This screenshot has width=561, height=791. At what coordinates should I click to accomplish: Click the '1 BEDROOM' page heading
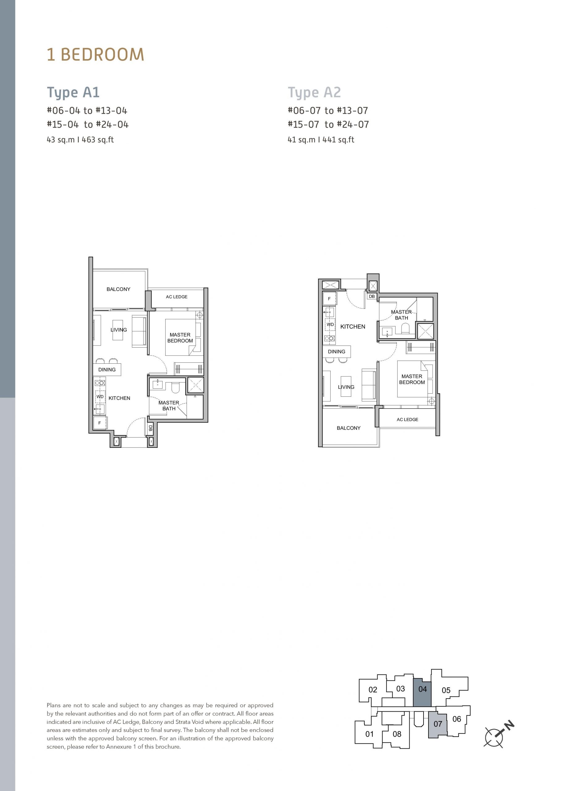click(x=95, y=55)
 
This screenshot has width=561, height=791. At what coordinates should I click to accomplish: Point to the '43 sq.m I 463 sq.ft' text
click(x=80, y=140)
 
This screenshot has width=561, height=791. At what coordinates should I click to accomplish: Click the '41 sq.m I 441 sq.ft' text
click(x=321, y=140)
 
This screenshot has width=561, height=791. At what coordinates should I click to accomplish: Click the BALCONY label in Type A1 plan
click(x=119, y=289)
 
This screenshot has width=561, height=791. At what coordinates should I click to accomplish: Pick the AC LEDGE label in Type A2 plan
click(x=407, y=419)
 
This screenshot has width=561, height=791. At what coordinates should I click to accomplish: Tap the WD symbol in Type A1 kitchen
click(x=100, y=396)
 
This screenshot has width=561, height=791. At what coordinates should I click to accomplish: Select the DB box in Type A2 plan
click(x=372, y=296)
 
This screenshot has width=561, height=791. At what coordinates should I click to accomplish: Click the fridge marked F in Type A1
click(x=100, y=423)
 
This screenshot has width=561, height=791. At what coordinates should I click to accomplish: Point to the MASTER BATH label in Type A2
click(x=401, y=315)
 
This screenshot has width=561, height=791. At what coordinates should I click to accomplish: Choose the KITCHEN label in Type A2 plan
click(x=353, y=326)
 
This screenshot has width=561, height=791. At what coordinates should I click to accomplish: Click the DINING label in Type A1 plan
click(x=107, y=370)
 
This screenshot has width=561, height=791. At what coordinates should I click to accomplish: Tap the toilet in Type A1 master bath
click(x=175, y=387)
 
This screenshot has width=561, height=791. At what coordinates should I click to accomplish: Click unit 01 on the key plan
click(x=369, y=734)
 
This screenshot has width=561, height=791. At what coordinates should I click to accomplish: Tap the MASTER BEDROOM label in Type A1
click(x=180, y=337)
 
